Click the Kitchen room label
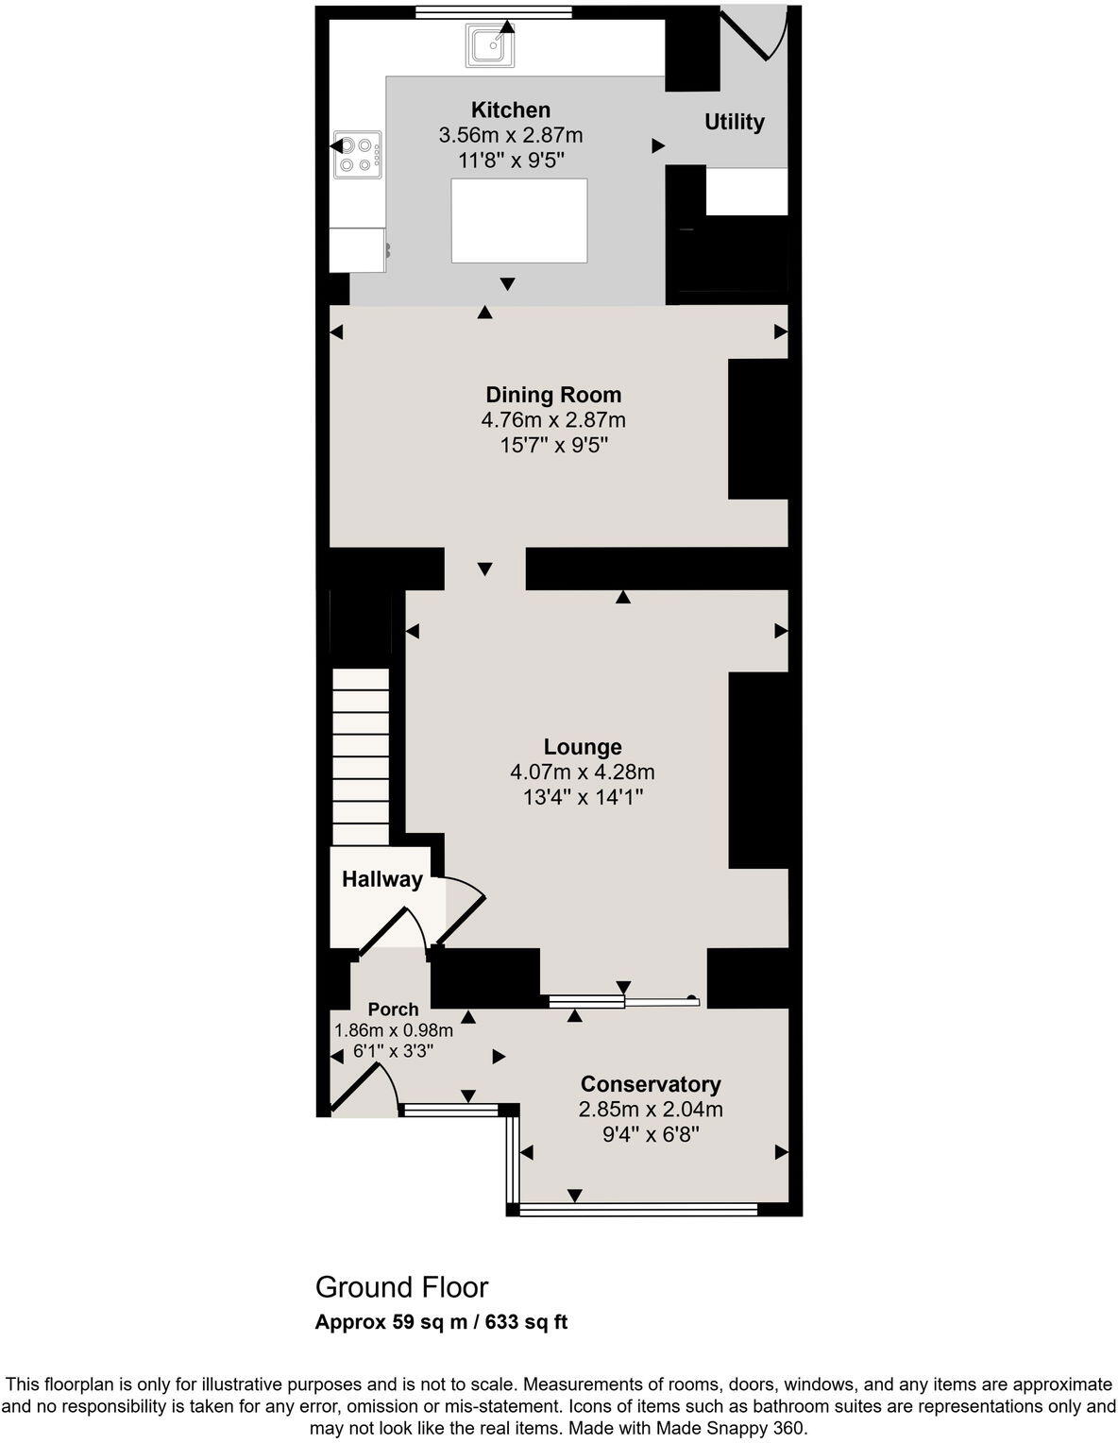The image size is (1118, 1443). [510, 110]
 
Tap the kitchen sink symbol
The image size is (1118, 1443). [489, 46]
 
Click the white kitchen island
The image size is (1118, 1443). [518, 220]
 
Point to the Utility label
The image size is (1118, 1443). [734, 122]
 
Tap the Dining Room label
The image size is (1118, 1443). [553, 395]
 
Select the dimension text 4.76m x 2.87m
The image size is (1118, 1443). [553, 419]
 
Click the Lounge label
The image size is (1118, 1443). [583, 747]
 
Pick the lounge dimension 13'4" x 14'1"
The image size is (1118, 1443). [583, 797]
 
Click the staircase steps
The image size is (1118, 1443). [361, 755]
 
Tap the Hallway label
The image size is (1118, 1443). [381, 879]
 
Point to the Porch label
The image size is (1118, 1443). [393, 1010]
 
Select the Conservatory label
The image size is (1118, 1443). [651, 1084]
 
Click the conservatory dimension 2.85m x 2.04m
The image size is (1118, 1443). [651, 1109]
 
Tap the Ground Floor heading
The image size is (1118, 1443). [401, 1287]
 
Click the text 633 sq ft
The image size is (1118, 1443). [526, 1322]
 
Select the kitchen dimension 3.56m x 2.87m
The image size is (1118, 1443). [510, 135]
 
